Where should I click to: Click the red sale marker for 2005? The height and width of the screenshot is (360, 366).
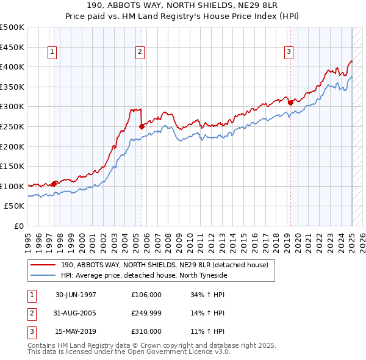[x=142, y=127]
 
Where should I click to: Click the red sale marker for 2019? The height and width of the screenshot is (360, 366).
[x=290, y=103]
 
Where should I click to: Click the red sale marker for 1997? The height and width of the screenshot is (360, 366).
[x=54, y=183]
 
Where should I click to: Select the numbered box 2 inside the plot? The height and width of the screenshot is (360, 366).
[x=140, y=52]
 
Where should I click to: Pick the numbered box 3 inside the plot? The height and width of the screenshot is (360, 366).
[x=288, y=52]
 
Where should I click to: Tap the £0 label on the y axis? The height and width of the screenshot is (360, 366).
[x=18, y=226]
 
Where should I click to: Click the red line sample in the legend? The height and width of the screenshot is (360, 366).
[x=43, y=265]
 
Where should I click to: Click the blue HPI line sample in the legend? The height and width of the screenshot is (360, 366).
[x=43, y=275]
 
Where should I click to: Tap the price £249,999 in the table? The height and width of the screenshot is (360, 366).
[x=146, y=313]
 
